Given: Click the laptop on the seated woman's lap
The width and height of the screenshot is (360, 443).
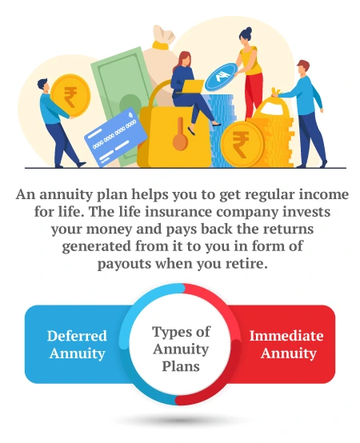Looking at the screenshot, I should (191, 90).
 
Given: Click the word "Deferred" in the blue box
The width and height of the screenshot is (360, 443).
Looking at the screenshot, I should (77, 336).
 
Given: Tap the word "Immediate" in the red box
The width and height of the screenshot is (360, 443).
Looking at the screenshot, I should (286, 336).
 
